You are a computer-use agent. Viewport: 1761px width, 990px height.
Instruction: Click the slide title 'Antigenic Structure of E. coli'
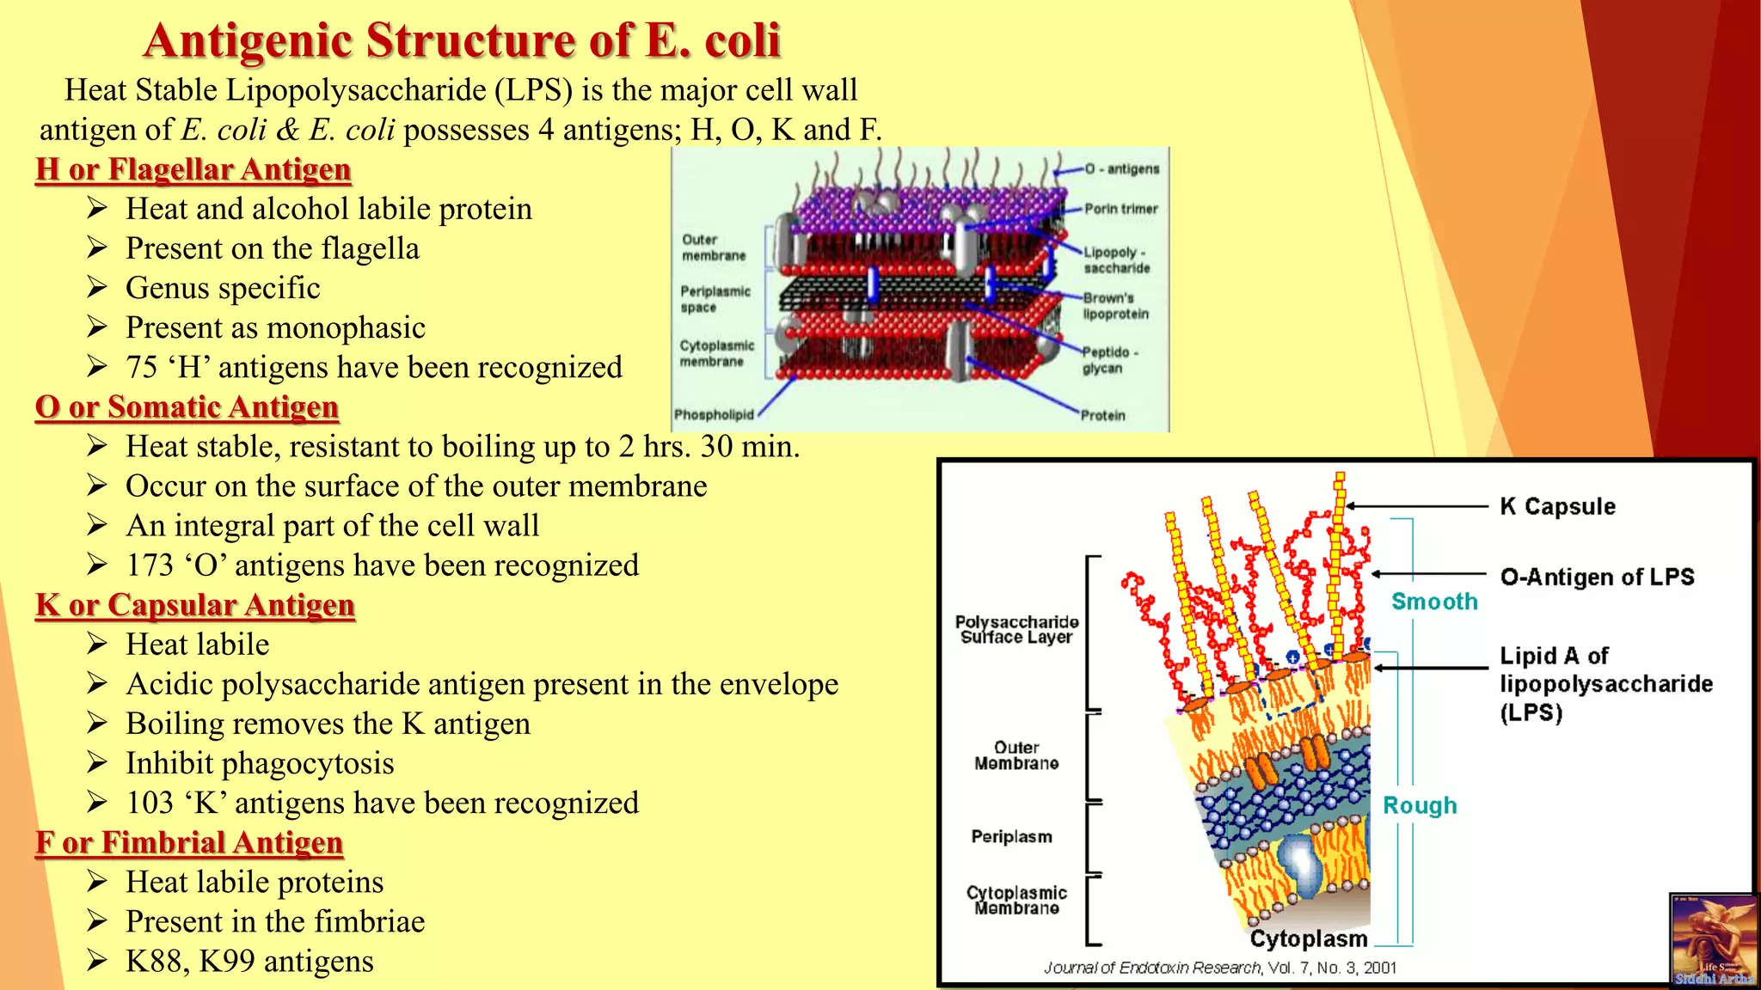coord(462,40)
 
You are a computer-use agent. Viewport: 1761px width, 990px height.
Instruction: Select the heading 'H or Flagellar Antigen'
coord(193,169)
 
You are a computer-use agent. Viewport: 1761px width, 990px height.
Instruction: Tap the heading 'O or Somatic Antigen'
coord(187,407)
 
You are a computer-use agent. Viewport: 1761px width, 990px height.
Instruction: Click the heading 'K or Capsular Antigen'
coord(195,605)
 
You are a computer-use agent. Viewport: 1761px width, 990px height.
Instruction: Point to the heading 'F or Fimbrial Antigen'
coord(189,842)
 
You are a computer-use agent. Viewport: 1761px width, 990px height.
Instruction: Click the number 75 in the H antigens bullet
coord(142,368)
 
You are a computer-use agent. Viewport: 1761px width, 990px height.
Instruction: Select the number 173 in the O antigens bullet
coord(150,565)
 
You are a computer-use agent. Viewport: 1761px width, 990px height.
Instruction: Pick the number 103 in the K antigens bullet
coord(150,803)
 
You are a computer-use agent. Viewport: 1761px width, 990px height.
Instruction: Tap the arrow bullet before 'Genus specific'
coord(97,287)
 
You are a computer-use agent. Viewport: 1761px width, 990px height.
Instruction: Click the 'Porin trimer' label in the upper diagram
coord(1120,209)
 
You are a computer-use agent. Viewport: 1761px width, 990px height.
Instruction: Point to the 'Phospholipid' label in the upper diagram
coord(714,415)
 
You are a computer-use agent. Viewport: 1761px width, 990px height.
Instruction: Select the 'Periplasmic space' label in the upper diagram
coord(715,299)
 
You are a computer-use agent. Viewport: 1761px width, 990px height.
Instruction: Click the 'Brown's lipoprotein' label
coord(1115,306)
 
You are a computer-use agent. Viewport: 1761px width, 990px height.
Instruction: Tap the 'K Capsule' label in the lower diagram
coord(1557,506)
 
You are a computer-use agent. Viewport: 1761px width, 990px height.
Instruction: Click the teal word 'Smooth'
coord(1434,602)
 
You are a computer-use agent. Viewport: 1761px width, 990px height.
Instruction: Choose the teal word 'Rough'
coord(1420,805)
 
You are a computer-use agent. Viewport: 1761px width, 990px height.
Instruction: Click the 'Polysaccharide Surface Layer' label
coord(1016,629)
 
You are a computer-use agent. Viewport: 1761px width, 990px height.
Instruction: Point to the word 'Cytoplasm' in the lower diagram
coord(1308,938)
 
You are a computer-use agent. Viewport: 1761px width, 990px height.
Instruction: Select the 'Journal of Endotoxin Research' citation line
coord(1219,968)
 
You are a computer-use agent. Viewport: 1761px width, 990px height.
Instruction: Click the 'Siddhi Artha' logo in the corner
coord(1713,940)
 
